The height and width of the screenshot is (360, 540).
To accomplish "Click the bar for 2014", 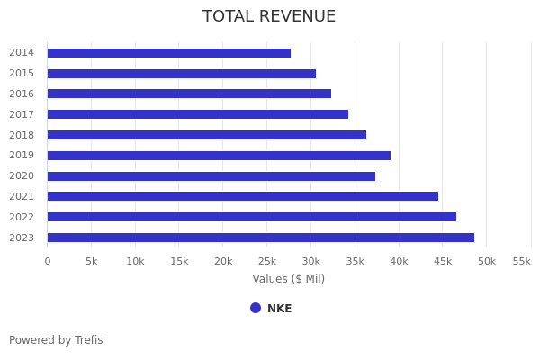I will [x=169, y=53].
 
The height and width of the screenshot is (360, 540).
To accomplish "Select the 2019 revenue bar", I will [x=219, y=156].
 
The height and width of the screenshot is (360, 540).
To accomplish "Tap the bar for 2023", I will [x=261, y=238].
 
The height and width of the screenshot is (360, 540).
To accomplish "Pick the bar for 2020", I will [x=211, y=176].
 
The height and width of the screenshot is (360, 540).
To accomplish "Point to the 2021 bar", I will [x=243, y=196].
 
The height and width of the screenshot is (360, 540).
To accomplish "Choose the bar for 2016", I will [x=189, y=94].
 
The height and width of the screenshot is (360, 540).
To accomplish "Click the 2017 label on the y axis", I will [x=22, y=114].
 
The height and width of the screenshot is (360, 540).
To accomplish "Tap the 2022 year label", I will [x=22, y=217].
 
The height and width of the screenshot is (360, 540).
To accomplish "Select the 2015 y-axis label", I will [x=22, y=73].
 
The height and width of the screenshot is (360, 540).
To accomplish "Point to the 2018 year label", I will [x=22, y=135].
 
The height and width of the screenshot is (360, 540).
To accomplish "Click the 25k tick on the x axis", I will [x=267, y=261].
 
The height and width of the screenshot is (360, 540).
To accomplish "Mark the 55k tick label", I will [x=521, y=261].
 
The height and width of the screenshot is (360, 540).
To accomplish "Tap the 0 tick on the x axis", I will [x=48, y=261].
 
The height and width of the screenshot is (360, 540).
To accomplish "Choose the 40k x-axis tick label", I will [x=399, y=261].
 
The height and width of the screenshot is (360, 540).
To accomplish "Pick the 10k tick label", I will [x=135, y=261].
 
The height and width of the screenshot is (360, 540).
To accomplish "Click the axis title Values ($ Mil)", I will [x=288, y=279].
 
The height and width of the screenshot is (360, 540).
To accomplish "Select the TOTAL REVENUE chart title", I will [x=269, y=17].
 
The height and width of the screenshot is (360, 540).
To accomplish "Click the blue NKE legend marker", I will [x=256, y=308].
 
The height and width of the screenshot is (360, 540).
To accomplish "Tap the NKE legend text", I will [x=279, y=309].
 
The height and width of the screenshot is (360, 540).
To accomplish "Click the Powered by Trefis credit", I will [x=56, y=340].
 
